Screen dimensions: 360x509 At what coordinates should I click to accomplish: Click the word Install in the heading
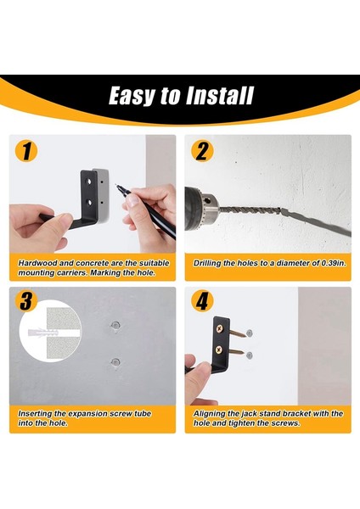[x=220, y=96]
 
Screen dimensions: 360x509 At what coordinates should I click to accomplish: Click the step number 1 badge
[x=26, y=151]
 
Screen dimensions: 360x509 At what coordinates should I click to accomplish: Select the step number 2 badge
[x=202, y=151]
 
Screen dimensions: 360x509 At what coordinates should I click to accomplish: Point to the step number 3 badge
[x=26, y=301]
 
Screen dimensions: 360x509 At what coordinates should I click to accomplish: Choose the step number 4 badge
[x=202, y=301]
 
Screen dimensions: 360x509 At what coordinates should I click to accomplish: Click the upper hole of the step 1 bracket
[x=88, y=182]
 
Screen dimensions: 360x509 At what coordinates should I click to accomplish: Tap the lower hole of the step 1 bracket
[x=89, y=203]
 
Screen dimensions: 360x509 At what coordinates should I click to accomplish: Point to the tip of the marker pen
[x=115, y=185]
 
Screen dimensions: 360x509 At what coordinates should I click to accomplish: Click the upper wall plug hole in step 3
[x=115, y=324]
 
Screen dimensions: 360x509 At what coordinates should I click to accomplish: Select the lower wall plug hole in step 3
[x=115, y=361]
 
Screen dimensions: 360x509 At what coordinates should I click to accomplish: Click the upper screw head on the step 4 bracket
[x=220, y=329]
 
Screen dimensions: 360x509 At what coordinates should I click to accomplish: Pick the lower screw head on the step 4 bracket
[x=220, y=350]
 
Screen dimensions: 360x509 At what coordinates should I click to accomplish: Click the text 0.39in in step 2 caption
[x=334, y=263]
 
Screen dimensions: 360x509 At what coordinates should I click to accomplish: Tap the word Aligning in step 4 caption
[x=209, y=414]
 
